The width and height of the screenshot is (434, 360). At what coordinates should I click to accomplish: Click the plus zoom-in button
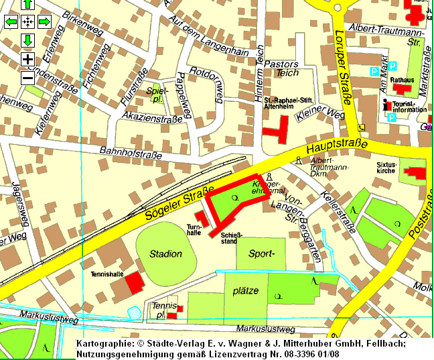pos(28,59)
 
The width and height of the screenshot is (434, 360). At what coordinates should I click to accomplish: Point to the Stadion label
pos(166,253)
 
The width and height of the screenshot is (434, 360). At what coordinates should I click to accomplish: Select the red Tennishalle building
pos(135,282)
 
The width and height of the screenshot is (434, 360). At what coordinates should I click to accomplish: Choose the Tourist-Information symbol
pos(385,105)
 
